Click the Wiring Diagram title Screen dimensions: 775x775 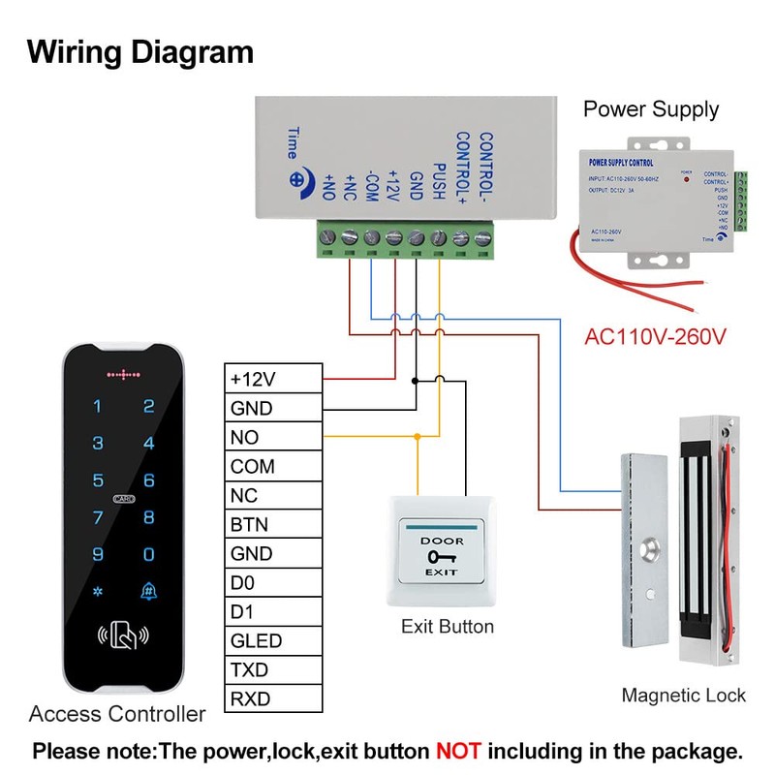(x=140, y=51)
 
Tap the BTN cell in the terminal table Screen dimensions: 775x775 (x=272, y=524)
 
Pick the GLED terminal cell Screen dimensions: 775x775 (x=272, y=640)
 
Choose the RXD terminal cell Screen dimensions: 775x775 (x=272, y=698)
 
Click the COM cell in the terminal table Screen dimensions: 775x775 (x=272, y=466)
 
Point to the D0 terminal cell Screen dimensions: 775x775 (x=272, y=582)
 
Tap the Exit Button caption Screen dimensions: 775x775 (x=448, y=627)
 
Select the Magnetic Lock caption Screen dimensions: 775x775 (x=684, y=695)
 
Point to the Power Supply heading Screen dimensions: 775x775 (x=651, y=108)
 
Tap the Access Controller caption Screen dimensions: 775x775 (x=117, y=715)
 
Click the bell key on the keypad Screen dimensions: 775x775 (x=148, y=591)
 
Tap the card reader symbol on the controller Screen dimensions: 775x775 (x=122, y=636)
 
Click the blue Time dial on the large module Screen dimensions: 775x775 (x=297, y=179)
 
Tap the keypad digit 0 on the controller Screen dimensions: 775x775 (x=148, y=554)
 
